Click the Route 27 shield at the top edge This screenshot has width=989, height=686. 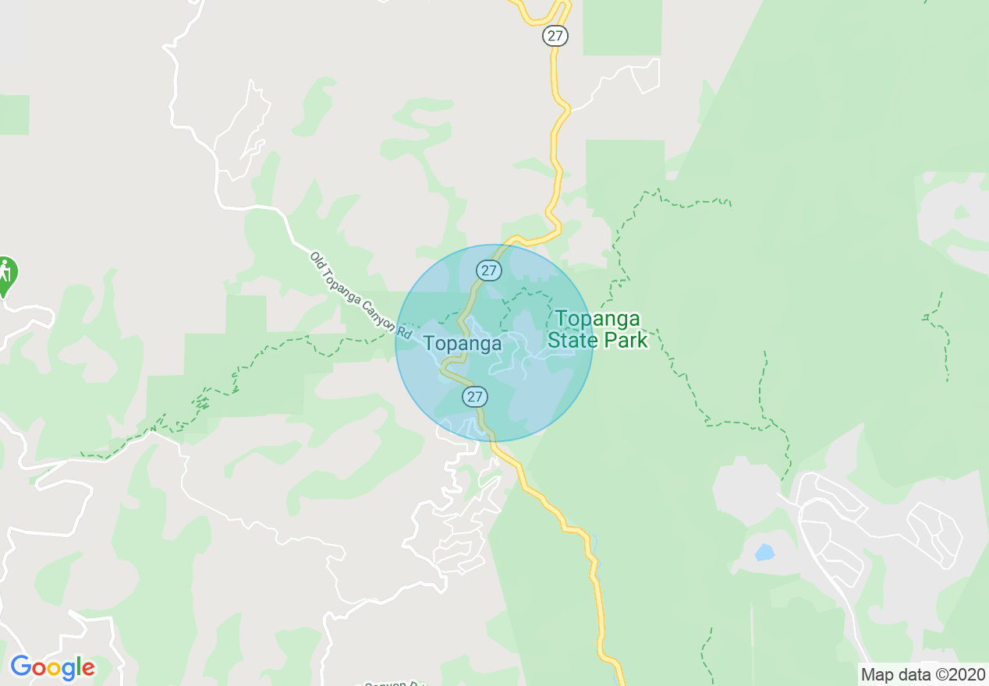click(555, 36)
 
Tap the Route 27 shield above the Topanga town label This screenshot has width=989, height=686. click(489, 271)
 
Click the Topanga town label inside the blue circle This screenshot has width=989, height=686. click(463, 344)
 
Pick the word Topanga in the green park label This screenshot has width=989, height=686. click(597, 319)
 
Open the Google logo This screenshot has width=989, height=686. click(52, 667)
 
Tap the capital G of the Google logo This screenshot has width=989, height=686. click(21, 667)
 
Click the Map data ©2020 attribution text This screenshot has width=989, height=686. click(923, 674)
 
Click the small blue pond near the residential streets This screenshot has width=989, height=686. click(764, 553)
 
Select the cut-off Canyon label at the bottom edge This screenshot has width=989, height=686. click(390, 683)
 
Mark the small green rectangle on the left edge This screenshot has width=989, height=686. click(14, 115)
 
